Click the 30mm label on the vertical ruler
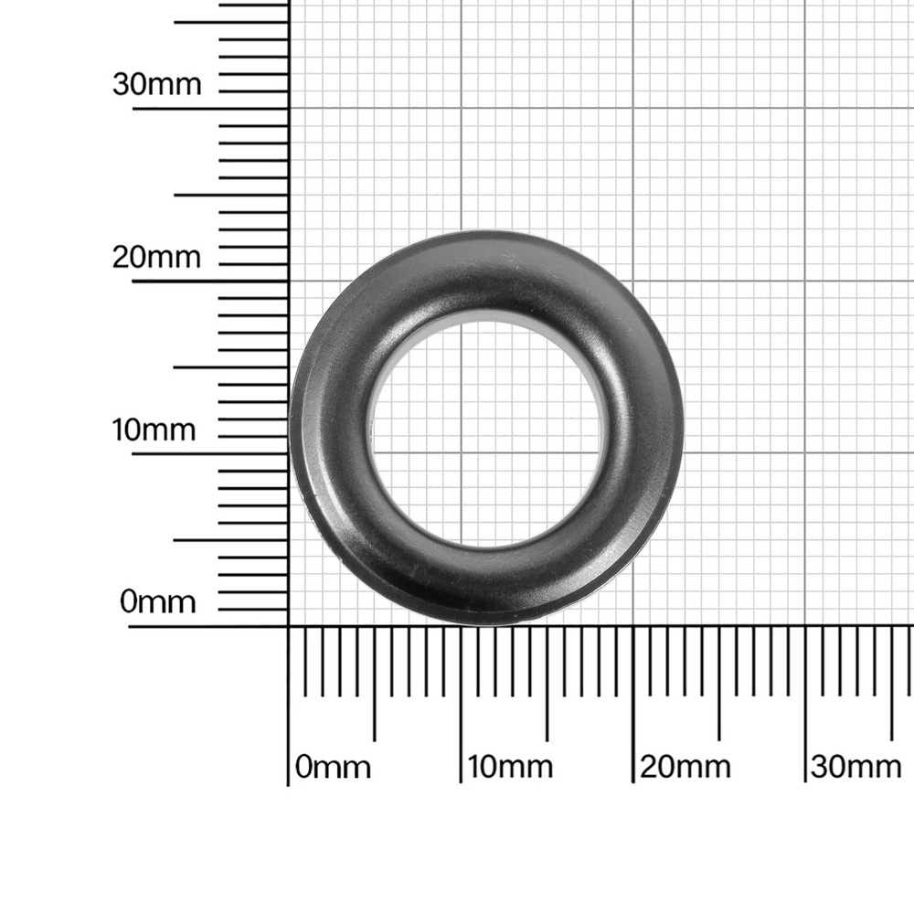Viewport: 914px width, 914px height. coord(157,84)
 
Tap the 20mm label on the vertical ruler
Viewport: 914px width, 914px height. coord(156,257)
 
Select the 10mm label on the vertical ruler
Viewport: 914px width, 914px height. coord(154,430)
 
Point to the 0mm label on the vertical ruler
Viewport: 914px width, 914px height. coord(158,601)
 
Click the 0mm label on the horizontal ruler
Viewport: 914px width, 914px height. coord(333,767)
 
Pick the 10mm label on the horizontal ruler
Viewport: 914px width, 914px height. coord(510,767)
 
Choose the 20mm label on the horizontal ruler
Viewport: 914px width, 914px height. coord(685,767)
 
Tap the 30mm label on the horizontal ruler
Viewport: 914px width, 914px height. coord(856,767)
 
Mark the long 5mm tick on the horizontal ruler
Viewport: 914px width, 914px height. coord(374,684)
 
